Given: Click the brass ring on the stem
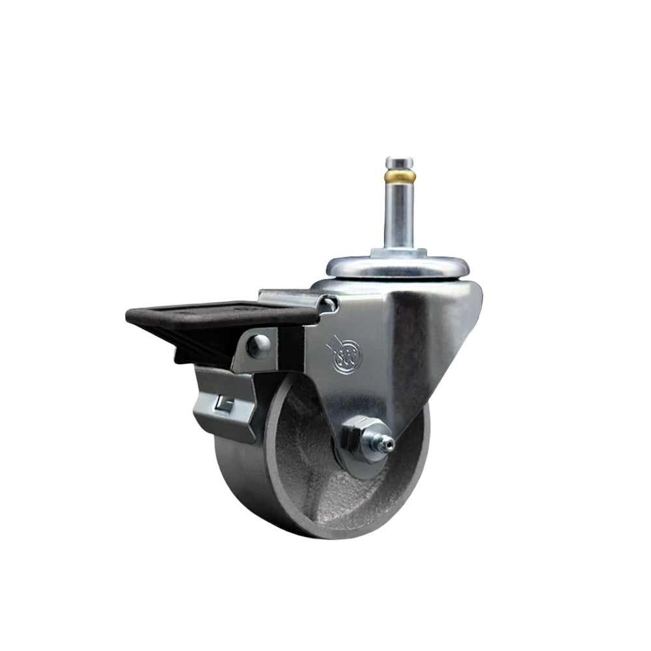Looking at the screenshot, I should pyautogui.click(x=400, y=176).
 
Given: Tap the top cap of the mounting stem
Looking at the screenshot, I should pyautogui.click(x=399, y=162).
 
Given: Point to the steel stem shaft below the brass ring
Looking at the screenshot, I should pyautogui.click(x=399, y=215).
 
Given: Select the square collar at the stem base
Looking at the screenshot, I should pyautogui.click(x=398, y=252).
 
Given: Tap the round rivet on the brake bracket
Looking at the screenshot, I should pyautogui.click(x=258, y=346).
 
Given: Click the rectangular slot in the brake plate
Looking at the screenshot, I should pyautogui.click(x=223, y=406).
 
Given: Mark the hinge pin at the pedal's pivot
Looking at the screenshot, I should pyautogui.click(x=329, y=303).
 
